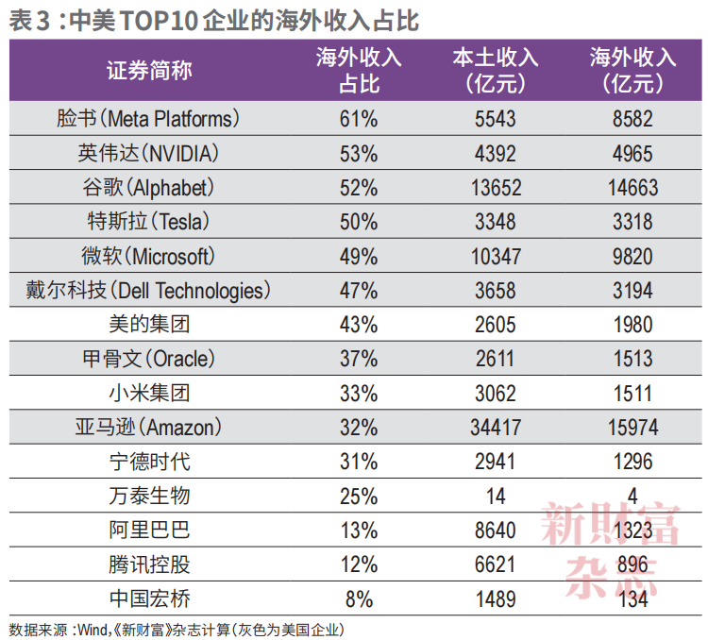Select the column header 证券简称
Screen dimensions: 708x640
149,71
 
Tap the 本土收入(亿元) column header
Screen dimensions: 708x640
496,71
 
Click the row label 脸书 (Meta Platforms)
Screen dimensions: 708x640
147,119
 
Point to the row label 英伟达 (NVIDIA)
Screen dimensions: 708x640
147,153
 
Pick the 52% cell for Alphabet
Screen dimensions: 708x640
359,188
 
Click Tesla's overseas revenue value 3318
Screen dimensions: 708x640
632,222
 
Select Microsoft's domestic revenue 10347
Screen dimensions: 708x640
496,256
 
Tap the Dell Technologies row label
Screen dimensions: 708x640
147,290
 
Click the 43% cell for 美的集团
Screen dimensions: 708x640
359,325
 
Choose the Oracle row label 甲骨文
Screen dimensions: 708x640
148,359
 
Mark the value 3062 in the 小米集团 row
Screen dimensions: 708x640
496,393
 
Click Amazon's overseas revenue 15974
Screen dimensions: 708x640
632,428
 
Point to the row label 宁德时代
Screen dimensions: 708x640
149,462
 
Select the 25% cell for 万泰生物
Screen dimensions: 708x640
359,496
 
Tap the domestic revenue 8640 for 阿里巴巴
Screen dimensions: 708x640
496,531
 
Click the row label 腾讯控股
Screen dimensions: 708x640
149,564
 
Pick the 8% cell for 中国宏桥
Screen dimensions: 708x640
359,598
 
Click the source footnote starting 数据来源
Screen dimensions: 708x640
177,630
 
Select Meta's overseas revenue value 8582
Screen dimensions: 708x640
632,119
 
